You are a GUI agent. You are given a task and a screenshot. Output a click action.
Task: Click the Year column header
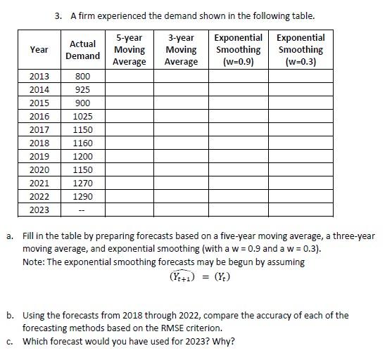[x=39, y=50]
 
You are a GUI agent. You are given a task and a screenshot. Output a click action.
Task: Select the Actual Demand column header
[x=82, y=50]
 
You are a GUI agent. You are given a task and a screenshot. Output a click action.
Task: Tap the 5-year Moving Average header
[x=129, y=50]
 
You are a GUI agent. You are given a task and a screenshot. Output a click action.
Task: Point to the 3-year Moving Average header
[x=182, y=50]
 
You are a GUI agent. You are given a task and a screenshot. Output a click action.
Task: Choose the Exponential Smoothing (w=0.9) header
[x=238, y=50]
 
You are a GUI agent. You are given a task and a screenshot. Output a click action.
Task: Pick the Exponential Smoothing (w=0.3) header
[x=301, y=50]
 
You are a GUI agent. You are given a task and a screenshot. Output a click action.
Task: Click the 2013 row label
[x=39, y=76]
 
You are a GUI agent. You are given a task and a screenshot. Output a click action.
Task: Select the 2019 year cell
[x=39, y=156]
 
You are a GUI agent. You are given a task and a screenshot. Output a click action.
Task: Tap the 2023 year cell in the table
[x=39, y=210]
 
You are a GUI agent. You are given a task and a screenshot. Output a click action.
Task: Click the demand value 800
[x=82, y=76]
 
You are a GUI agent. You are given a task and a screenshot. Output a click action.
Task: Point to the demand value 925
[x=82, y=89]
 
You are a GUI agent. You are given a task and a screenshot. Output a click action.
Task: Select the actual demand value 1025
[x=82, y=116]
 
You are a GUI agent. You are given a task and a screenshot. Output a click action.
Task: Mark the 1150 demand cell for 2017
[x=82, y=129]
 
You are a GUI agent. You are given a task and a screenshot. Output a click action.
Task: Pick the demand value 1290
[x=82, y=196]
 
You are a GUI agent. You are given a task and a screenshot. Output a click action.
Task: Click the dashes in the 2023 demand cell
[x=82, y=210]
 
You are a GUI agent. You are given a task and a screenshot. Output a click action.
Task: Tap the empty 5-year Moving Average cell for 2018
[x=129, y=143]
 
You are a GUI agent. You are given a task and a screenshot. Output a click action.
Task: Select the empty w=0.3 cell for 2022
[x=301, y=196]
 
